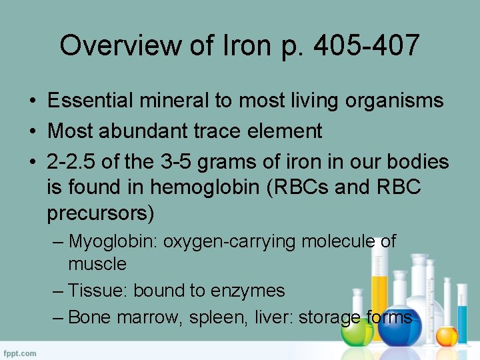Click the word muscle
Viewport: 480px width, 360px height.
(x=97, y=264)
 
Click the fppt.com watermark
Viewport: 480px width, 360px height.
(x=19, y=353)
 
